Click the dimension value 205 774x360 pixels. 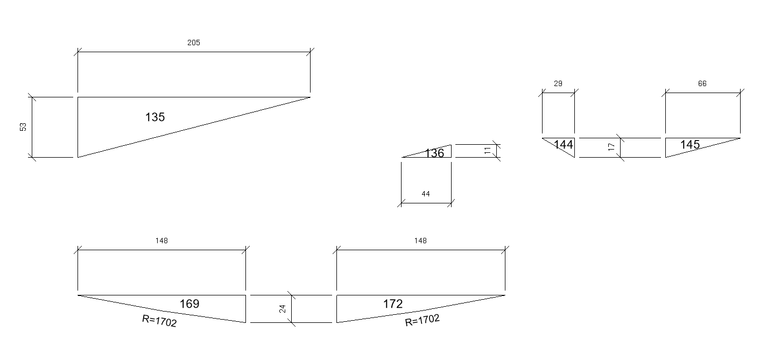coord(194,43)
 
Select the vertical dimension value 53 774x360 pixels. coord(23,127)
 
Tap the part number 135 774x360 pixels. coord(155,117)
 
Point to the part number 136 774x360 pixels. coord(434,153)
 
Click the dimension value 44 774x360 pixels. coord(426,194)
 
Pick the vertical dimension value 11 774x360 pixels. coord(487,151)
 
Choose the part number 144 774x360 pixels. coord(564,144)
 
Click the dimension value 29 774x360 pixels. coord(558,83)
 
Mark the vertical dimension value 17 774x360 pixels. coord(611,147)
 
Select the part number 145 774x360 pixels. coord(690,144)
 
